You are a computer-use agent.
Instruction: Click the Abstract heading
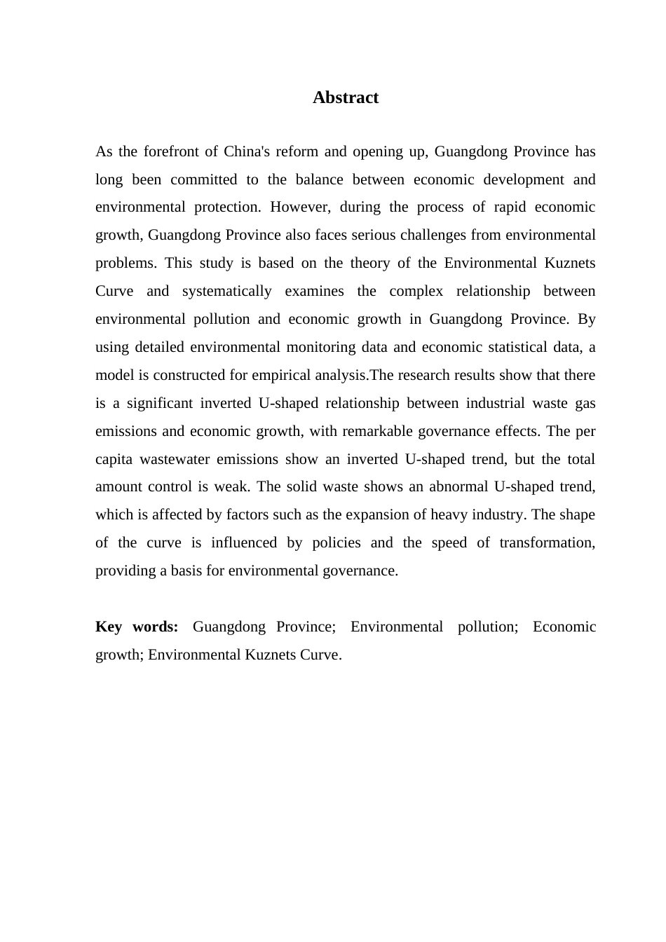pos(345,97)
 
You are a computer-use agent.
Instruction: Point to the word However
pos(295,207)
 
